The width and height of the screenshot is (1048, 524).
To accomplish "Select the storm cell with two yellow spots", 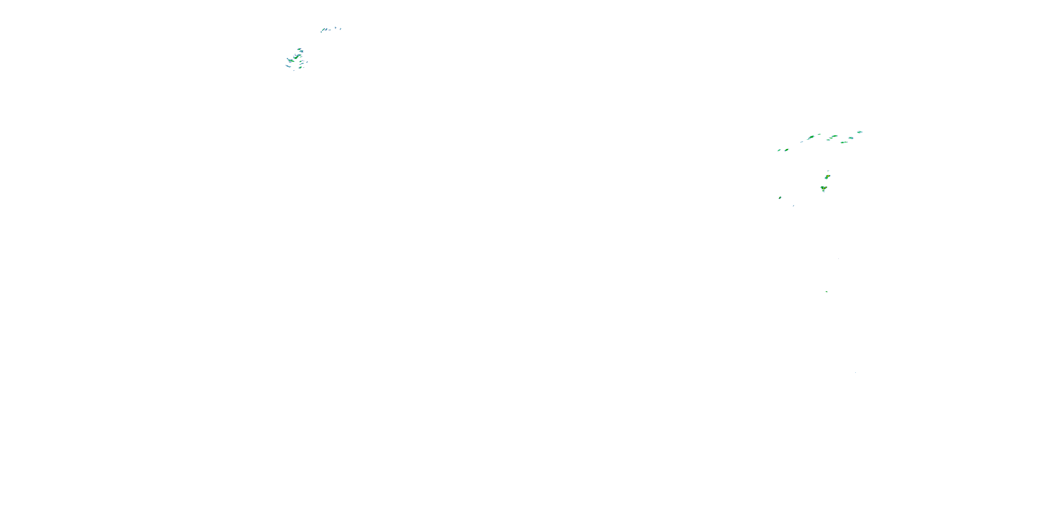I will pos(823,188).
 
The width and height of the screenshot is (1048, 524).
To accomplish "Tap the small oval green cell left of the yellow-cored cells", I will pos(780,198).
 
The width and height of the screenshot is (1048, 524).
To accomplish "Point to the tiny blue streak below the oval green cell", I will pos(793,206).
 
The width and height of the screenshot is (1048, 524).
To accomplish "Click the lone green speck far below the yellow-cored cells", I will pos(826,292).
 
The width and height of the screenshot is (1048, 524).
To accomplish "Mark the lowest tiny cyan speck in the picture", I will pos(855,372).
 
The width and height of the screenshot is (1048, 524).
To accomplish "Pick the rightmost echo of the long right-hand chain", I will pos(860,132).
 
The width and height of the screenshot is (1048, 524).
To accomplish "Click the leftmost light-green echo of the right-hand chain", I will pos(779,150).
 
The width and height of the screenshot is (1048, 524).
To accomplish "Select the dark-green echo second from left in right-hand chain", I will pos(786,150).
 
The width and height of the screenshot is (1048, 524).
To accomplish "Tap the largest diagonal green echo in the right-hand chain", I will pos(811,137).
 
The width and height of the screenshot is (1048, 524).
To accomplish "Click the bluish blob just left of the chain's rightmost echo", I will pos(851,138).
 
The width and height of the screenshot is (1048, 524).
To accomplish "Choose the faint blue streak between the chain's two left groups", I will pos(801,142).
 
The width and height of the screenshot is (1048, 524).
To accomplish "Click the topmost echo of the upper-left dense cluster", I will pos(299,49).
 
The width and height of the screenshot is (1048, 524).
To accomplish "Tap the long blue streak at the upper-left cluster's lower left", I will pos(288,66).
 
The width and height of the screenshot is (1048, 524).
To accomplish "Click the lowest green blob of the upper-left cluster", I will pos(300,67).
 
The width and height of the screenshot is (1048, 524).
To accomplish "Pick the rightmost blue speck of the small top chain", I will pos(341,29).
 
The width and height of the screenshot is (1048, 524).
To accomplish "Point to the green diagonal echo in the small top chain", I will pos(325,29).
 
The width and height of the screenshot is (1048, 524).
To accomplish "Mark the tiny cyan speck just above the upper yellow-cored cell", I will pos(829,171).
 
